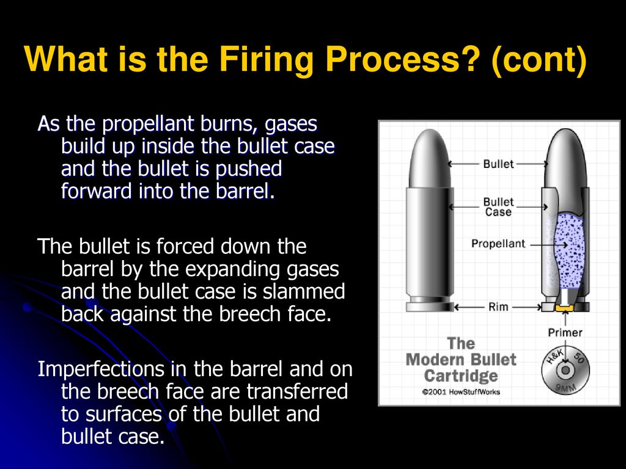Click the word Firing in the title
(x=266, y=60)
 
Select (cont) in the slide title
(x=539, y=60)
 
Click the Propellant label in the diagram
(x=498, y=244)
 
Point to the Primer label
(x=565, y=332)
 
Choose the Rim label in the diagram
(x=498, y=307)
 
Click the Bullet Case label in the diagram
(x=498, y=207)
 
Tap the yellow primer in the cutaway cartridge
(x=564, y=308)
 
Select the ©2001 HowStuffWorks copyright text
(x=461, y=391)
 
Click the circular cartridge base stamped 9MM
(x=565, y=371)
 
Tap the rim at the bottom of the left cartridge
(x=430, y=307)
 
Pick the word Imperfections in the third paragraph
(x=101, y=369)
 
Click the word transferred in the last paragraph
(x=297, y=391)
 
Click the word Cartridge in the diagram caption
(x=461, y=376)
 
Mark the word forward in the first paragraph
(x=97, y=191)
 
